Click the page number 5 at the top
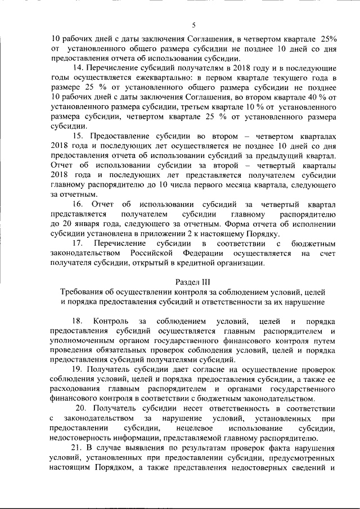tap(193, 25)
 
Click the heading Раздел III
tap(193, 282)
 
